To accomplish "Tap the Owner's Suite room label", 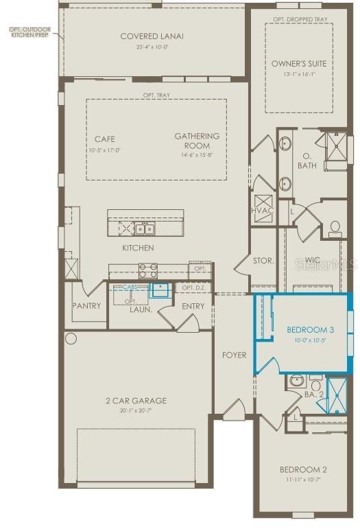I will coord(298,64).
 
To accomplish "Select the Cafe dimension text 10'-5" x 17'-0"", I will coord(105,150).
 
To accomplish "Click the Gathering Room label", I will coord(197,141).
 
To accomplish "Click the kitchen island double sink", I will coord(144,228).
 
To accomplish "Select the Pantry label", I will coord(86,306).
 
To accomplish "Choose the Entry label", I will coord(193,306).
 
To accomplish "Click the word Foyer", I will coord(234,355).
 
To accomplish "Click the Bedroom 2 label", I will coord(302,469).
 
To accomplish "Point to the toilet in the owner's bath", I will coord(335,228).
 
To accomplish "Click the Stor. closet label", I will coord(263,261).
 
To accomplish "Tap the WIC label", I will coord(313,260).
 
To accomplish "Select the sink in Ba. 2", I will coord(296,381).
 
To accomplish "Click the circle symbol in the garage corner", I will coord(71,338).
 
